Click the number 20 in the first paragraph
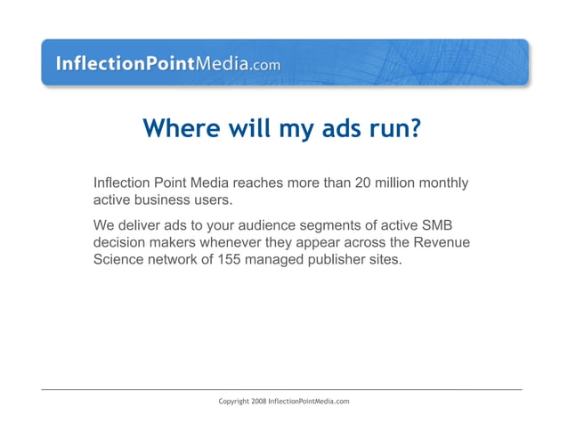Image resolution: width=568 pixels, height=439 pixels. coord(363,183)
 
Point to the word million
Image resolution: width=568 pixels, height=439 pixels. coord(398,183)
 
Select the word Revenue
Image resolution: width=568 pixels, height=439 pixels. coord(441,243)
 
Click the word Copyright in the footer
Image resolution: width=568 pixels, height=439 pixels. coord(234,402)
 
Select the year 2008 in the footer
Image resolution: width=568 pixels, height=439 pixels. coord(259,402)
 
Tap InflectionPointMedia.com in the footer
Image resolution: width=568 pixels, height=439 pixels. coord(309,402)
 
